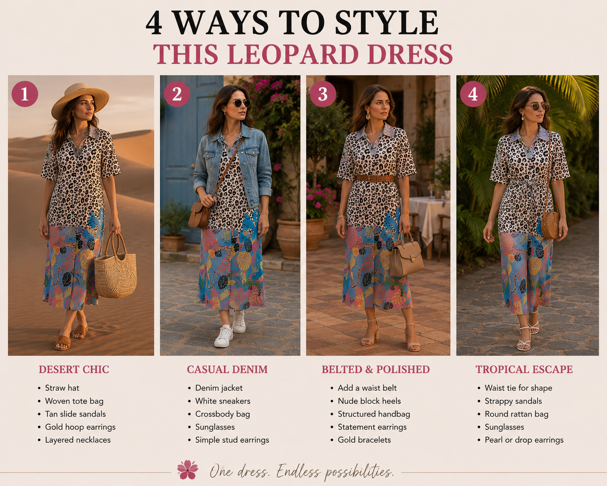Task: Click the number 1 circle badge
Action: pyautogui.click(x=25, y=94)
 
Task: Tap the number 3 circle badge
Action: pyautogui.click(x=323, y=94)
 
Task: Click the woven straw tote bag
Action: pyautogui.click(x=115, y=268)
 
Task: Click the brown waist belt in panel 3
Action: pyautogui.click(x=375, y=178)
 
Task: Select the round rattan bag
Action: pyautogui.click(x=550, y=225)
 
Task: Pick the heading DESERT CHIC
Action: pyautogui.click(x=74, y=369)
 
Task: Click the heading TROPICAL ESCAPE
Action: pyautogui.click(x=524, y=369)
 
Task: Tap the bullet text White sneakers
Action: pyautogui.click(x=223, y=401)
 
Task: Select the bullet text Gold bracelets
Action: pyautogui.click(x=365, y=440)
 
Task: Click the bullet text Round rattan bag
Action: pyautogui.click(x=517, y=414)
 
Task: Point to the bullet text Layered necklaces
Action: pyautogui.click(x=78, y=440)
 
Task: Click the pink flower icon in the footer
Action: pyautogui.click(x=187, y=470)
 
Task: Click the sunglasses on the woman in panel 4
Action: pyautogui.click(x=537, y=107)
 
